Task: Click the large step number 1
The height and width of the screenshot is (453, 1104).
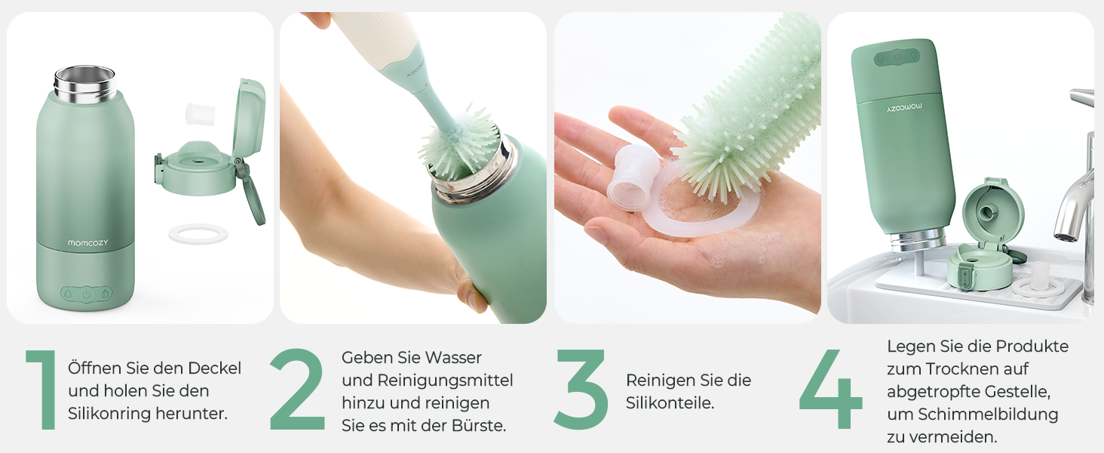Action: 42,390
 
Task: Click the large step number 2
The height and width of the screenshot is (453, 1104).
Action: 297,390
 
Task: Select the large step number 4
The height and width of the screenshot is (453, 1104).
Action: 830,389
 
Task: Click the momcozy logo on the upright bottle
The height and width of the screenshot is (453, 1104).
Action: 87,243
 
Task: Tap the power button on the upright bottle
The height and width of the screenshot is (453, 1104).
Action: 87,294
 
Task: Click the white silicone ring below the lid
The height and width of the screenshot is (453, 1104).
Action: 198,234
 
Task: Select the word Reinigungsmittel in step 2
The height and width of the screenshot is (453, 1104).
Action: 445,381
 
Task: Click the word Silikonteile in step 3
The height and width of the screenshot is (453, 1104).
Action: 670,402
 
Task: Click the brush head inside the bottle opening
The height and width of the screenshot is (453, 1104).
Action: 458,144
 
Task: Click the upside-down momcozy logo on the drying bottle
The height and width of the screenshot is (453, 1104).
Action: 904,107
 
